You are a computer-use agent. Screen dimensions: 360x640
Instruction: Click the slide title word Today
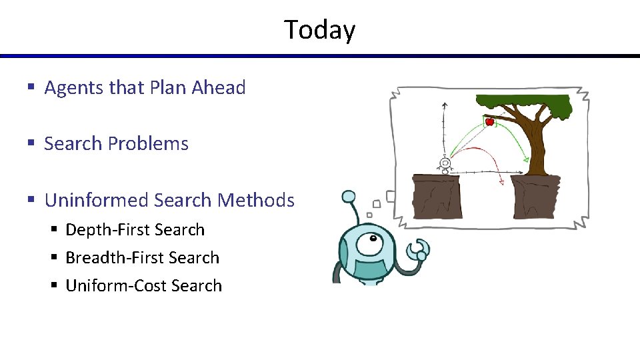pyautogui.click(x=320, y=30)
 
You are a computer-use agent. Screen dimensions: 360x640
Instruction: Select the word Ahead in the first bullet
pyautogui.click(x=219, y=88)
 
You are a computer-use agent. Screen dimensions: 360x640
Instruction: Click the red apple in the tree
pyautogui.click(x=489, y=121)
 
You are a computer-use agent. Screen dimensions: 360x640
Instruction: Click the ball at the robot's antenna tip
pyautogui.click(x=349, y=197)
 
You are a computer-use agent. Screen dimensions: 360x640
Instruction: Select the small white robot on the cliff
pyautogui.click(x=445, y=164)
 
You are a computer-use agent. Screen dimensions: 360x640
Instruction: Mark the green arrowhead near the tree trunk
pyautogui.click(x=526, y=159)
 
